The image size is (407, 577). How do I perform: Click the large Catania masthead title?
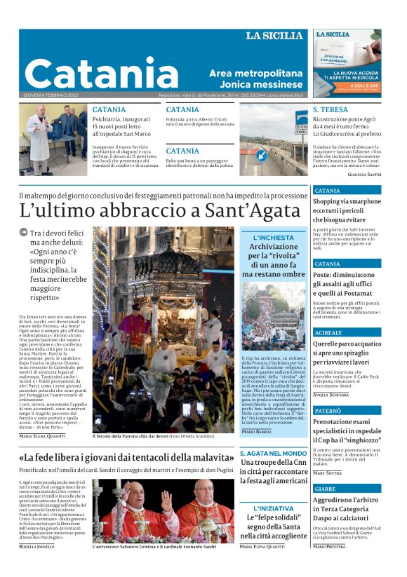101,73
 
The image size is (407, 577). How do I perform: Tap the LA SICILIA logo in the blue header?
274,36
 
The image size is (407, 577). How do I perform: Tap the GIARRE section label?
325,489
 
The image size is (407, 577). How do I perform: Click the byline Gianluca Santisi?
365,174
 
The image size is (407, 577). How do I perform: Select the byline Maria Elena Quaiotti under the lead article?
44,436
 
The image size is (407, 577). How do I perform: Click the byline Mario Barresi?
257,431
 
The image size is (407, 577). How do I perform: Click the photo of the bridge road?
274,140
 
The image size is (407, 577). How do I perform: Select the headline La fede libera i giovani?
126,458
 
